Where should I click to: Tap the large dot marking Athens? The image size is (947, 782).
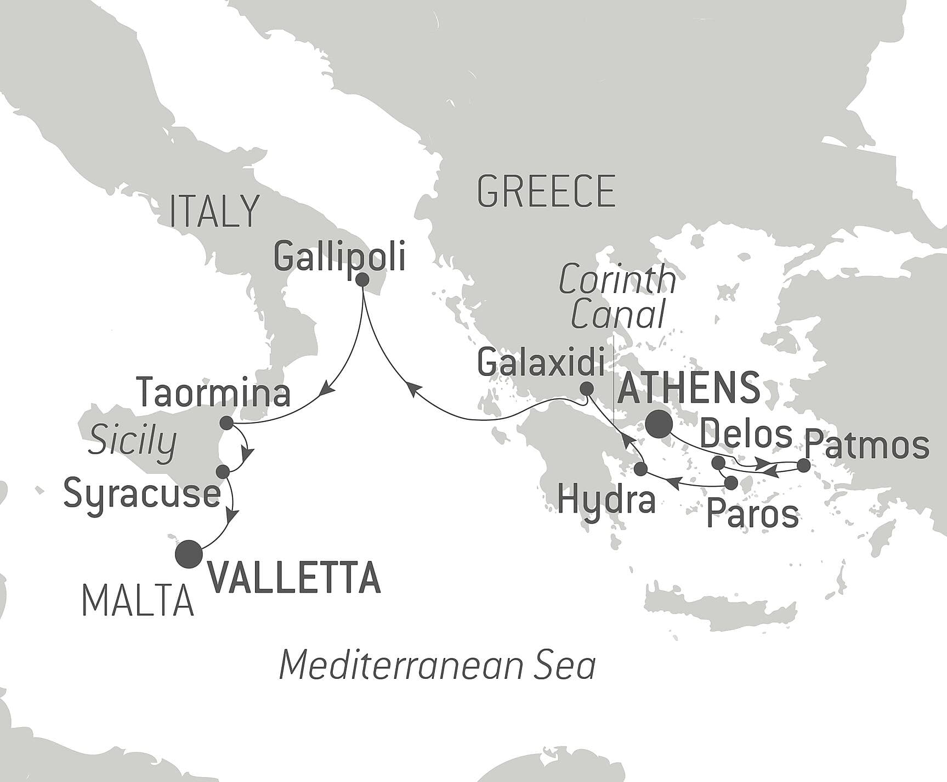point(659,424)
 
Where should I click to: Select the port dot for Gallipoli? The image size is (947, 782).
point(362,280)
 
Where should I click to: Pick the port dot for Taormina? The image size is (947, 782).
point(225,423)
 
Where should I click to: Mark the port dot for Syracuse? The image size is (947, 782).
point(223,471)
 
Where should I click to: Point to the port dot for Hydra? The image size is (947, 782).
point(640,469)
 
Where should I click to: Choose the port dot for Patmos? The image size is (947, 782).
point(803,466)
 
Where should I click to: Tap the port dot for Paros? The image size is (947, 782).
point(730,483)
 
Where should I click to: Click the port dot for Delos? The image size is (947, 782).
point(718,463)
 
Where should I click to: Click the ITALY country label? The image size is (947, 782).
point(214,211)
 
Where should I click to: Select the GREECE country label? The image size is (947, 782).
point(546,192)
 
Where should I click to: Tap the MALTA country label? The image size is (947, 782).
point(138,601)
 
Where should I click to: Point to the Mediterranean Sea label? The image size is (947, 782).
point(437,666)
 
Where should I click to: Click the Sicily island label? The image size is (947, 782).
point(132,441)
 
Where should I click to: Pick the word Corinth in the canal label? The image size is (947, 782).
point(617,279)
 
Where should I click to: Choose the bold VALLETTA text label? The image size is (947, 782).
point(294,577)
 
